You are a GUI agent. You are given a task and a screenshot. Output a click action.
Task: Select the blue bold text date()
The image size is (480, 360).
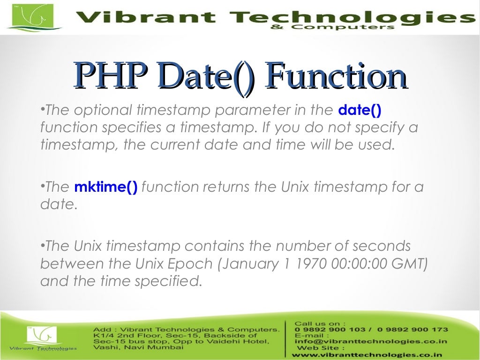[x=360, y=111]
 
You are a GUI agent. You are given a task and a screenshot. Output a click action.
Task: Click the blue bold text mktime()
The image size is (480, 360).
[x=106, y=187]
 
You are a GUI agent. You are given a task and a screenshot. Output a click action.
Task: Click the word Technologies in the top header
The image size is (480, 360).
[x=349, y=18]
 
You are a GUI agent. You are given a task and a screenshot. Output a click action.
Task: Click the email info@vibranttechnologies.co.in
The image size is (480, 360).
[x=370, y=342]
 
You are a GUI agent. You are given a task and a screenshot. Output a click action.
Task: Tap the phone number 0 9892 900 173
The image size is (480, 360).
[x=417, y=330]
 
